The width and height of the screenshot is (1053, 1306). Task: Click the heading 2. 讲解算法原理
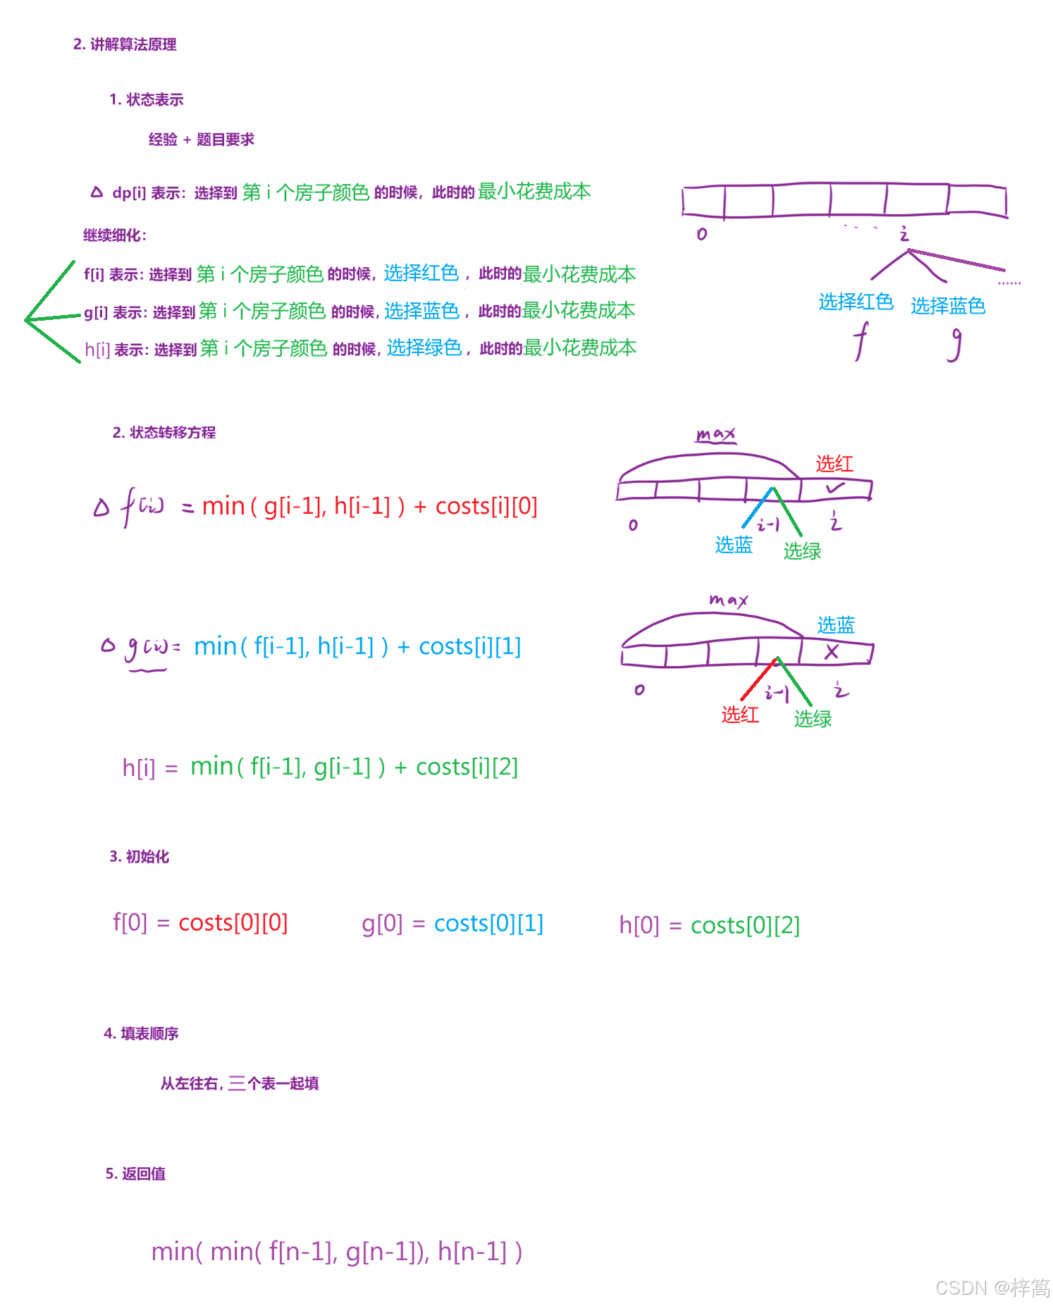point(125,44)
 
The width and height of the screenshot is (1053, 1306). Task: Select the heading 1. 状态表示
point(146,99)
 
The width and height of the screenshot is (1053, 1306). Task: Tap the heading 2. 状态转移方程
point(164,432)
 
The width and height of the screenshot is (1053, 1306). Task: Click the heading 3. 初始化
point(139,856)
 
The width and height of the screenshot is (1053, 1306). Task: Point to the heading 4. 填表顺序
point(141,1033)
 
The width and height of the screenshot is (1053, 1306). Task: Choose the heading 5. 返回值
point(135,1173)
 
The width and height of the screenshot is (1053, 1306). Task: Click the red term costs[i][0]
point(486,506)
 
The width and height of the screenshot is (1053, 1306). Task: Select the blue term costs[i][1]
point(470,646)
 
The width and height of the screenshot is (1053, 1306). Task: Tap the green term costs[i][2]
point(467,767)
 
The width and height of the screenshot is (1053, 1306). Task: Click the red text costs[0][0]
point(233,923)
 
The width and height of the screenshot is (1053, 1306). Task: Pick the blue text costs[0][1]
point(488,923)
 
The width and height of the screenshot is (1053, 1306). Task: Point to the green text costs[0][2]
point(745,925)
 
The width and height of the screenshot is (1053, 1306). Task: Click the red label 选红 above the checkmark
point(835,463)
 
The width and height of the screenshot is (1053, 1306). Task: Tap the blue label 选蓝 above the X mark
point(836,624)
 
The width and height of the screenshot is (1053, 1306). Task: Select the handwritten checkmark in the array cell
point(835,488)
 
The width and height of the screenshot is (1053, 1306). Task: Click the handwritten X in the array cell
point(832,652)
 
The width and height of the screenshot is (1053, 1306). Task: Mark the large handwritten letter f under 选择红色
point(861,341)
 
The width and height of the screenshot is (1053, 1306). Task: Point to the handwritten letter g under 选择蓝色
point(954,345)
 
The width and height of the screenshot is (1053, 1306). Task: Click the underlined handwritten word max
point(715,435)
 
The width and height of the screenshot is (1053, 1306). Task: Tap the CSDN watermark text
point(992,1288)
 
